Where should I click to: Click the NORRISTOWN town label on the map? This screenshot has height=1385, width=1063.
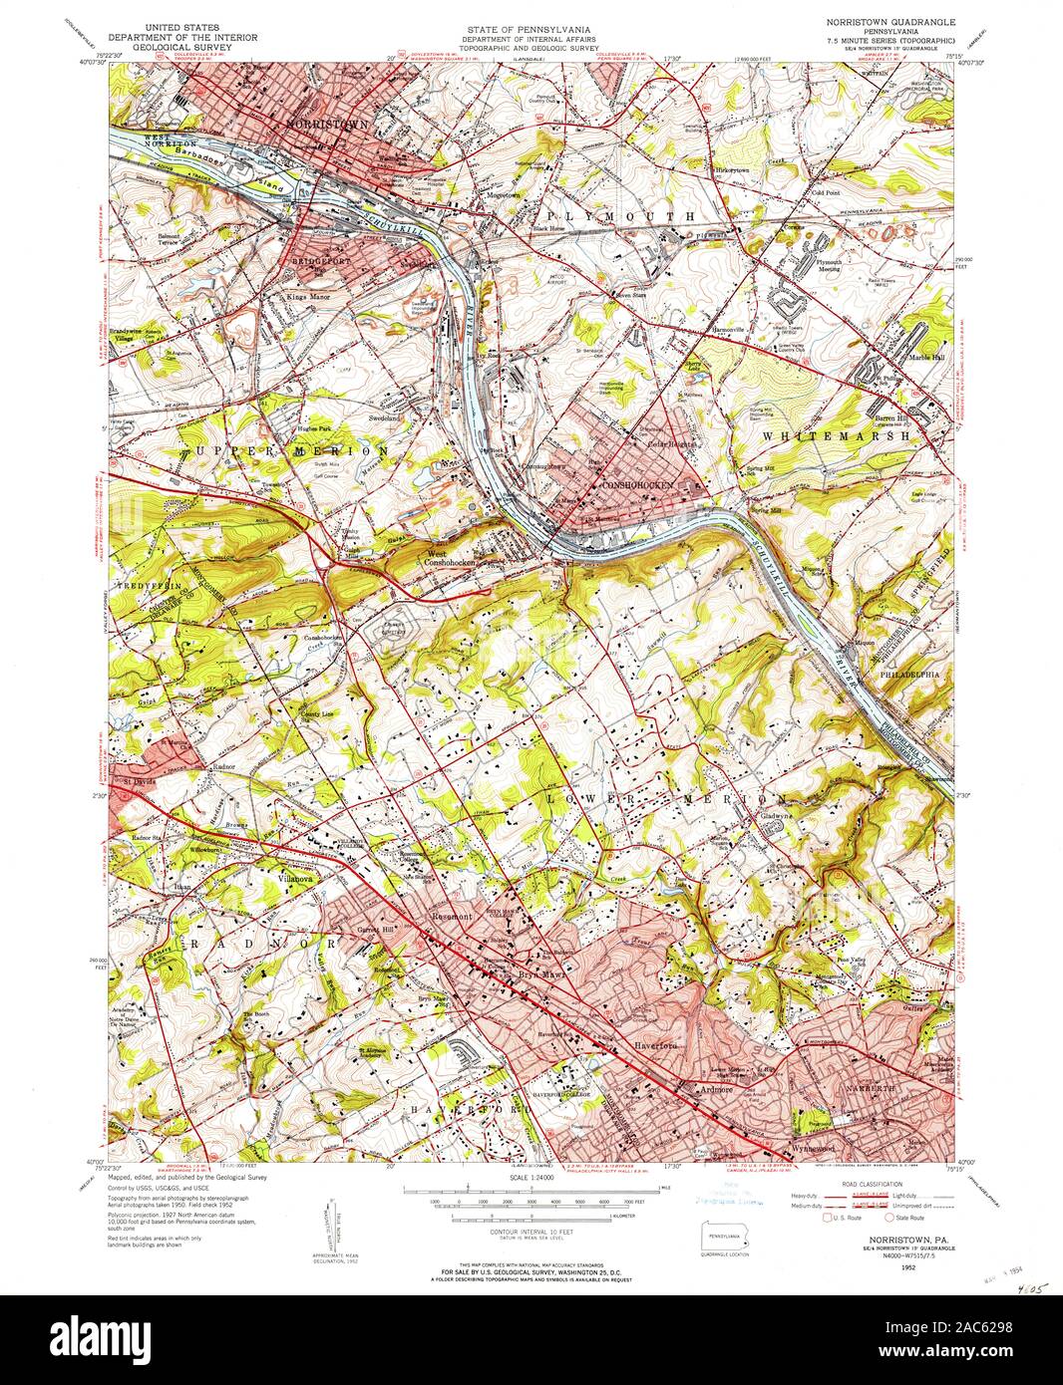coord(327,125)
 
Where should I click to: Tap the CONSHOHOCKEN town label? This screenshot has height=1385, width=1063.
coord(638,484)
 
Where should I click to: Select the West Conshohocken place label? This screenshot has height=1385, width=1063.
coord(452,559)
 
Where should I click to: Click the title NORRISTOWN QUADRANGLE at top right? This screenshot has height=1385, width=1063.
coord(888,21)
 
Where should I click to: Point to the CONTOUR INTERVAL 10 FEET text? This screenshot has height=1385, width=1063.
coord(532,1233)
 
